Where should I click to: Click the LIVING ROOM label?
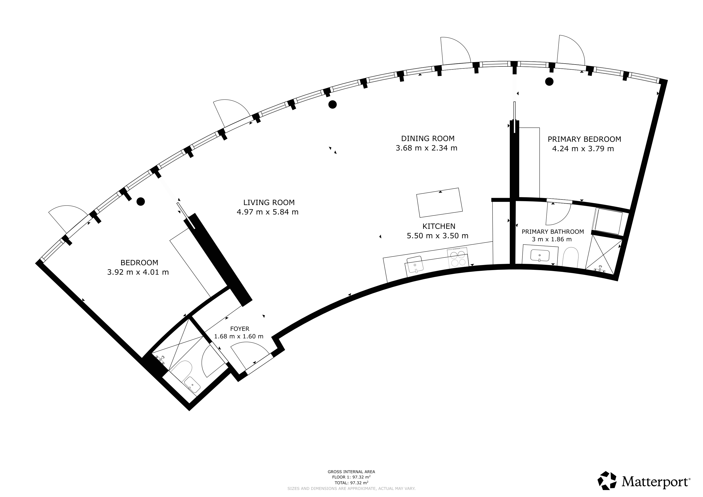tap(269, 202)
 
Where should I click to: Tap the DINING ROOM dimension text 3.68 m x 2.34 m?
tap(427, 148)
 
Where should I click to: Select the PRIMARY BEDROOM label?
tap(584, 139)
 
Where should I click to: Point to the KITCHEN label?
tap(439, 226)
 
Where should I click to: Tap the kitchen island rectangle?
tap(439, 203)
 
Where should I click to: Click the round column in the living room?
tap(333, 105)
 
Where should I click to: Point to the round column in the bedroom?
tap(141, 201)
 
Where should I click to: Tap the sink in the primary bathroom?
tap(540, 255)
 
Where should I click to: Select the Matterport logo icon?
tap(607, 480)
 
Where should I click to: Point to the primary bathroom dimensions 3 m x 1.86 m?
tap(552, 239)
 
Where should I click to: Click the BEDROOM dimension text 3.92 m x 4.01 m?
tap(138, 272)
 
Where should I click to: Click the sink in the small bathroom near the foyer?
tap(192, 385)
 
